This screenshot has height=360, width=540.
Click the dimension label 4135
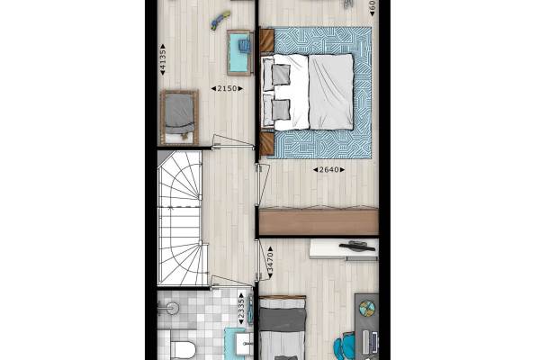tap(162, 64)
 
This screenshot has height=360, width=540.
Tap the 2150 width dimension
tap(224, 88)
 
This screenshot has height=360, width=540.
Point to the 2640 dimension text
tap(325, 169)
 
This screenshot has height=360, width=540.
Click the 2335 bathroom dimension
tap(241, 307)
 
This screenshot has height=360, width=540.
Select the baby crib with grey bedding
tap(178, 116)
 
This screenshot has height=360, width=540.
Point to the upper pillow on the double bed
tap(280, 73)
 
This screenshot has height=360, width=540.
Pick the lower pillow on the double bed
tap(280, 109)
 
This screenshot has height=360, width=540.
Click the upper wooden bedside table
tap(266, 40)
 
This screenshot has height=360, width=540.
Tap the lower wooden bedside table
tap(266, 142)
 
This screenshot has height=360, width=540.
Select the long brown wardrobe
tap(318, 221)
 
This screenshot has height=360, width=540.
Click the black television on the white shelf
tap(358, 245)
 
